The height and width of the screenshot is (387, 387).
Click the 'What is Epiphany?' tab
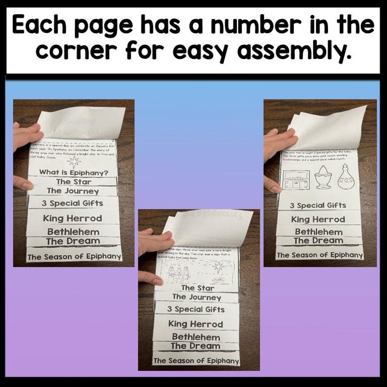[x=73, y=172]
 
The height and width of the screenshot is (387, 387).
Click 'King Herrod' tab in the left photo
[x=73, y=218]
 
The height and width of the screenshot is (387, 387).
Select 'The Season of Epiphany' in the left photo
[x=74, y=257]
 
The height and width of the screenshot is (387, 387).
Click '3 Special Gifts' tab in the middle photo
[x=195, y=309]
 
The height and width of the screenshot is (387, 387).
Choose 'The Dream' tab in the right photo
[x=318, y=240]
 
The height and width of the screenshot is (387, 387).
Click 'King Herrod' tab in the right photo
[x=318, y=219]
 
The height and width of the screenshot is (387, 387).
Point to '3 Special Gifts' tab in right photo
[x=318, y=205]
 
